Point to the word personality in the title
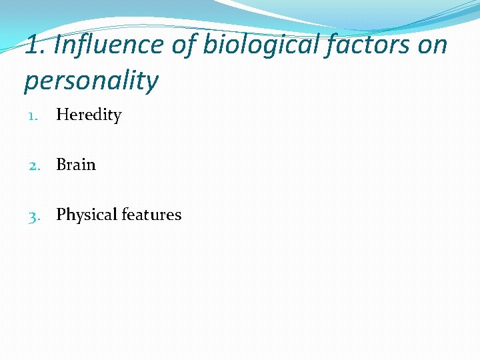point(91,81)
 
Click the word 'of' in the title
point(179,45)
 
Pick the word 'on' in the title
point(434,45)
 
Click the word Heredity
point(89,115)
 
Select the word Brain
point(76,165)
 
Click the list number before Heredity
point(35,116)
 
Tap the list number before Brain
point(35,165)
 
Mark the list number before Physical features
point(35,215)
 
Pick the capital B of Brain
point(61,165)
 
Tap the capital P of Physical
point(61,215)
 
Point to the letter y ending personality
point(152,83)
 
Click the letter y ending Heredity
point(117,117)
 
